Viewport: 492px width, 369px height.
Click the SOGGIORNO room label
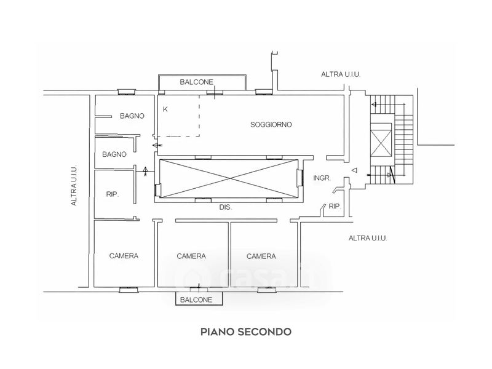(x=271, y=125)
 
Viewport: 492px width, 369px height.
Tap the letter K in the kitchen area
(x=165, y=109)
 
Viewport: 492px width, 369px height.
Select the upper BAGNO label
(x=132, y=116)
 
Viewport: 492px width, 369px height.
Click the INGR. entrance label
(x=322, y=178)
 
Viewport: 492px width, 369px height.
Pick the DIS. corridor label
(x=225, y=208)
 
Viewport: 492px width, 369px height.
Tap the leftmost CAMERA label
(x=123, y=256)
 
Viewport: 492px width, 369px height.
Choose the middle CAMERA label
(x=191, y=256)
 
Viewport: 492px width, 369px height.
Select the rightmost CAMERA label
(x=261, y=256)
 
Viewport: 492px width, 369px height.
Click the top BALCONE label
(x=196, y=82)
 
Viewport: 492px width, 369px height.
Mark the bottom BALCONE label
(x=196, y=300)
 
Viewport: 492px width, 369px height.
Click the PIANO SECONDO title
(x=245, y=331)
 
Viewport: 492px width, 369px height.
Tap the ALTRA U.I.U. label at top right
(x=340, y=74)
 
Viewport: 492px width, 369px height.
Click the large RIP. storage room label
(x=112, y=194)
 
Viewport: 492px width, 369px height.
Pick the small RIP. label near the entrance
(x=335, y=206)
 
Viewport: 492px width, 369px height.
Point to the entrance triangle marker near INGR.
(x=354, y=170)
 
